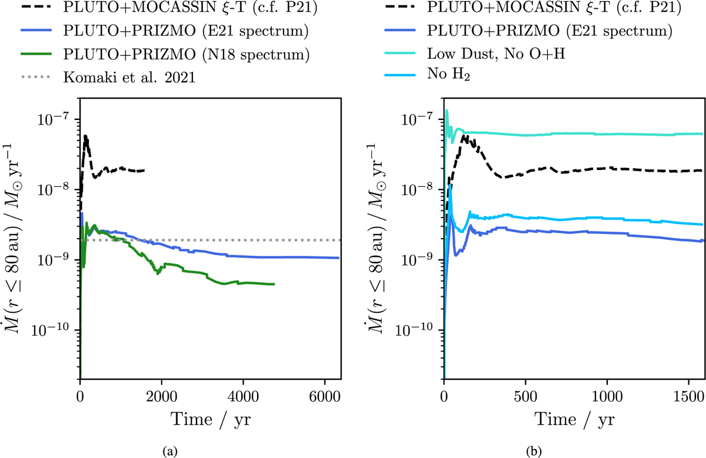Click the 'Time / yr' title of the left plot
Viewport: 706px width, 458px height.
coord(209,419)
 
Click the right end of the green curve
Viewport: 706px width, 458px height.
coord(274,284)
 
